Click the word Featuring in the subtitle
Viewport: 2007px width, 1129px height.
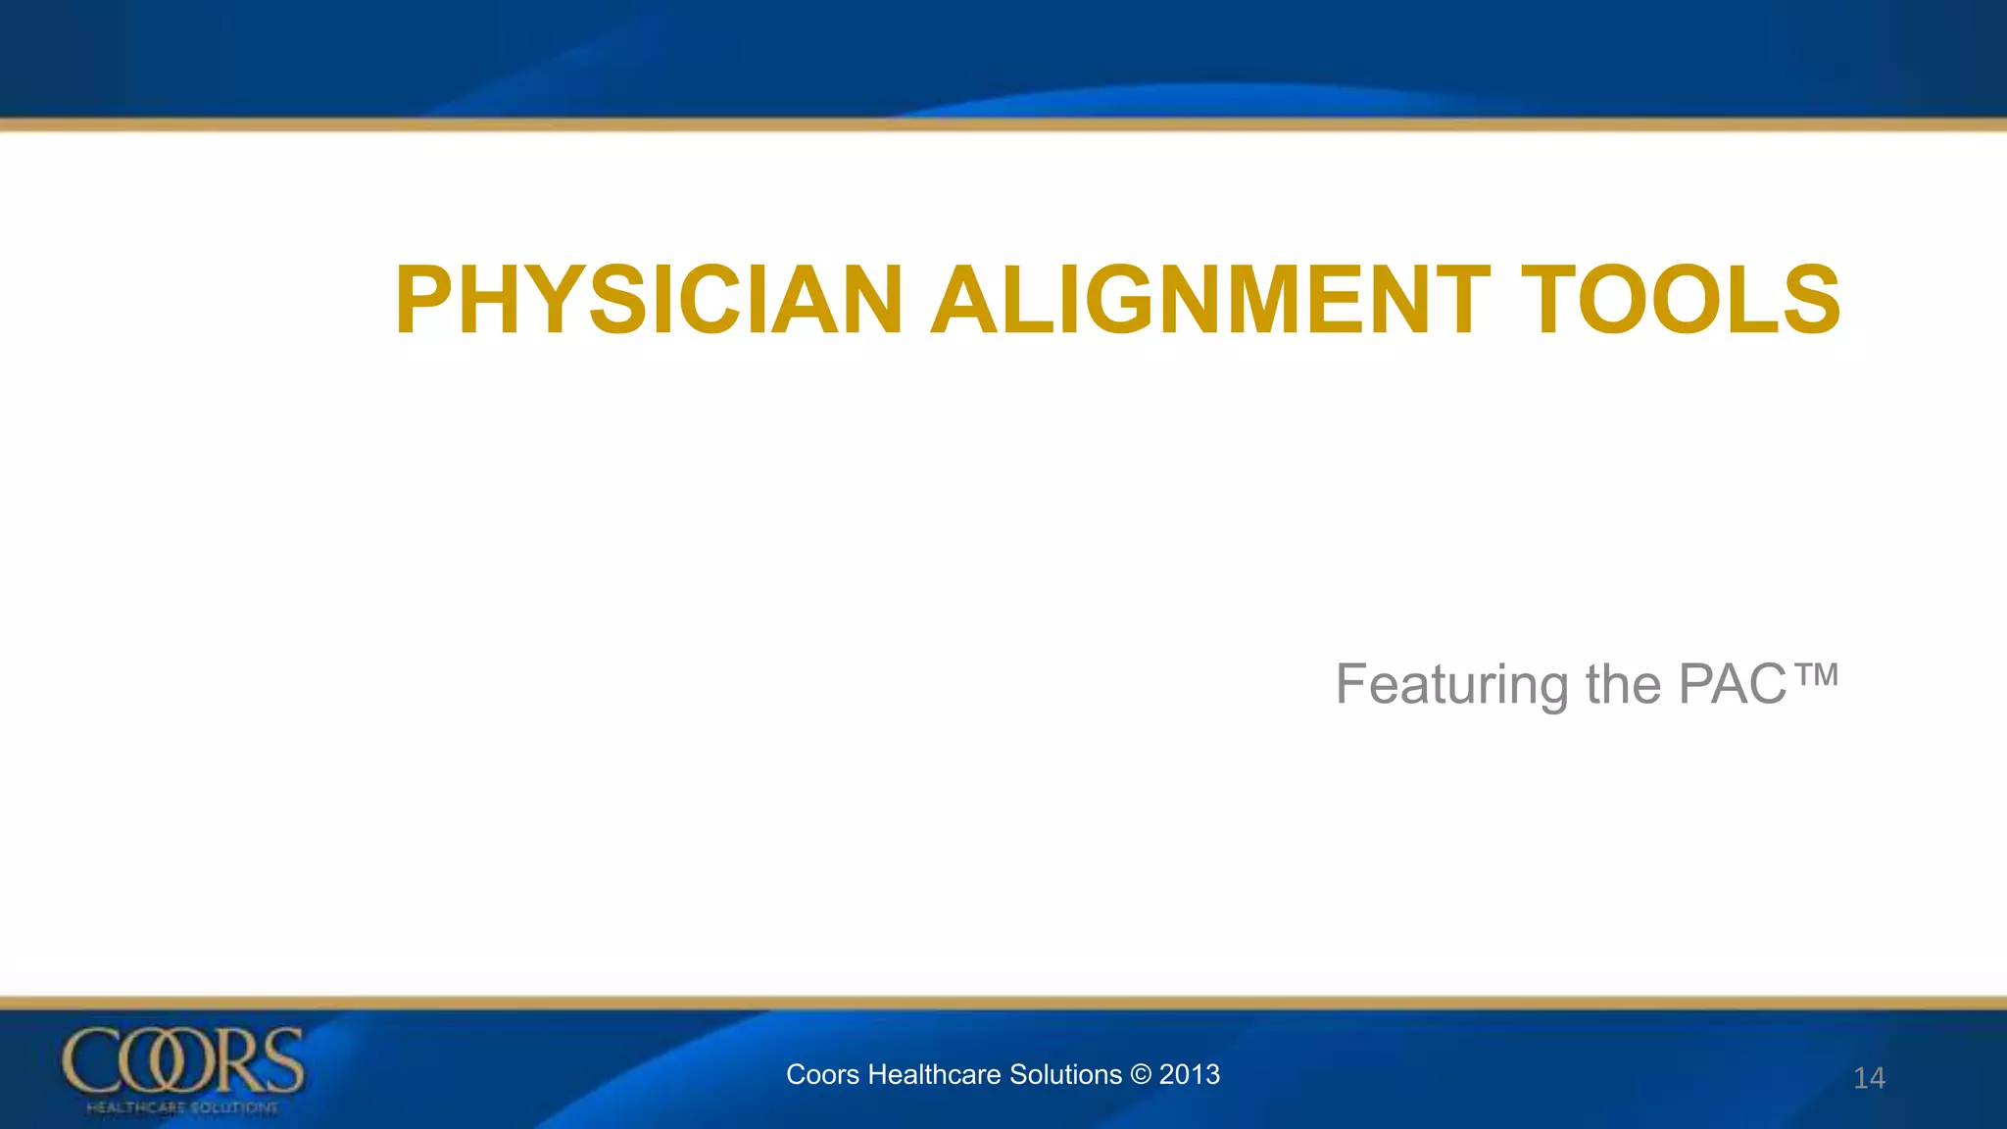tap(1451, 685)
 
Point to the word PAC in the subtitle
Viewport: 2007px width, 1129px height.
tap(1733, 685)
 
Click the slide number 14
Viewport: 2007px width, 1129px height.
tap(1869, 1078)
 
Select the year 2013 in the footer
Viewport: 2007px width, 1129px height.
tap(1190, 1075)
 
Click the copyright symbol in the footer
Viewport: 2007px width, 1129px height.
tap(1140, 1075)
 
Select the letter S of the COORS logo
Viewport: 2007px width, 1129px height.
tap(283, 1061)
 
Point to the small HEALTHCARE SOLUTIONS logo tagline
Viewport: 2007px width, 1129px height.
tap(182, 1107)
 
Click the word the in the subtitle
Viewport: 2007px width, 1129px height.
tap(1623, 685)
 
